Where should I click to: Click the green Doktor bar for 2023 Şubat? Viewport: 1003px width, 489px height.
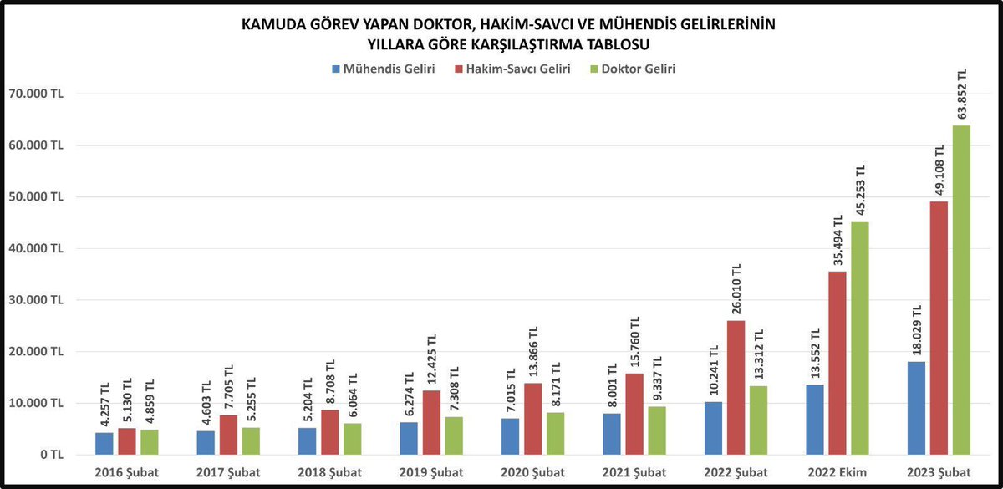point(961,290)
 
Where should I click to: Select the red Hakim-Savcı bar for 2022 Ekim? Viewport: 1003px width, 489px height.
point(838,363)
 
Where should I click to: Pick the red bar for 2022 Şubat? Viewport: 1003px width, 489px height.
point(736,387)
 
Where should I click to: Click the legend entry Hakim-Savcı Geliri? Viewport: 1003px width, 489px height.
point(512,69)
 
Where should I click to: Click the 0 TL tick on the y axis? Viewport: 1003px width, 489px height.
point(50,455)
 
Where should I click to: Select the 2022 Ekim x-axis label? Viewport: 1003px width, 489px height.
point(838,472)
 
